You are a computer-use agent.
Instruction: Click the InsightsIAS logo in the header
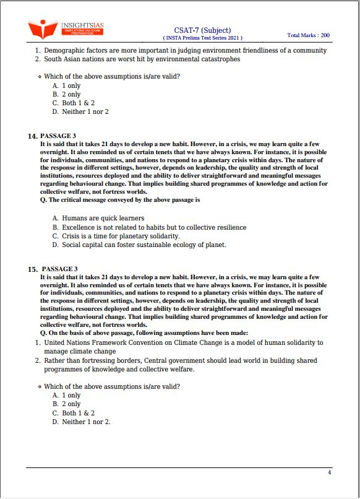click(66, 28)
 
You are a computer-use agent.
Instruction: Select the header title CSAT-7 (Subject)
click(202, 30)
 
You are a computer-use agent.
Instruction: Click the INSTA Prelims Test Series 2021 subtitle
click(202, 38)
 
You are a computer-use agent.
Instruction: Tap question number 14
click(32, 136)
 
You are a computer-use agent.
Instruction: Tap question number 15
click(32, 269)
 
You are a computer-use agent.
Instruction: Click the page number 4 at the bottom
click(329, 472)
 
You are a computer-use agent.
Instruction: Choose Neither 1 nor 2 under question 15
click(86, 422)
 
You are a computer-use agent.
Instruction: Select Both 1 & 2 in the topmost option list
click(78, 103)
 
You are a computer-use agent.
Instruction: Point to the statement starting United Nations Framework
click(183, 342)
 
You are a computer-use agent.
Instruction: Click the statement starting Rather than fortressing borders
click(180, 360)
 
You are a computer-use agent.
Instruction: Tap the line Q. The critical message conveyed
click(120, 200)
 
